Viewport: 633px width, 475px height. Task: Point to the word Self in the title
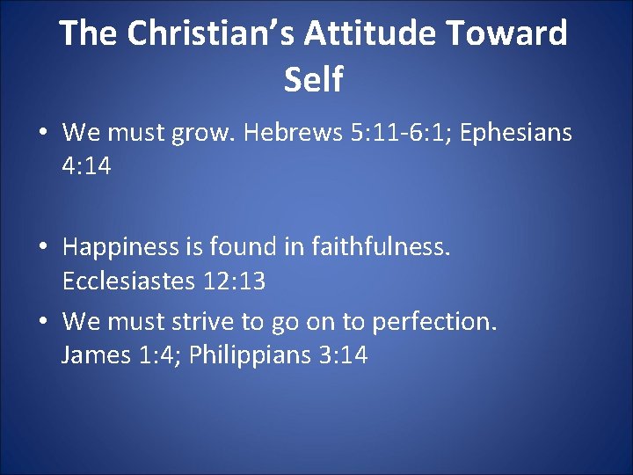click(313, 79)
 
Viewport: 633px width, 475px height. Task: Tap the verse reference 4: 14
click(86, 166)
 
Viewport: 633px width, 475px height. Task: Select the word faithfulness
click(377, 248)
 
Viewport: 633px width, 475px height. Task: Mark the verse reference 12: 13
click(232, 281)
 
